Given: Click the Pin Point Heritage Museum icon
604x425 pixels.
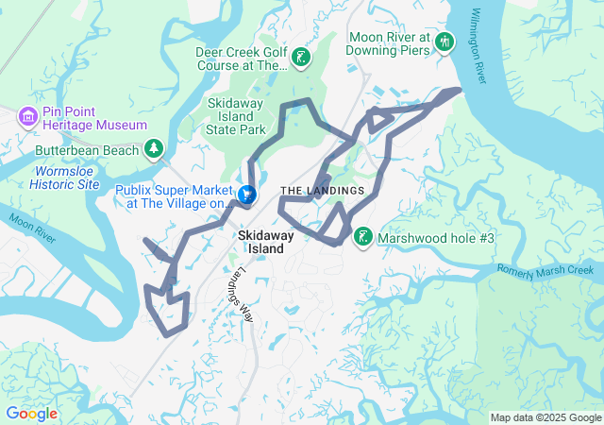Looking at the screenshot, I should click(27, 116).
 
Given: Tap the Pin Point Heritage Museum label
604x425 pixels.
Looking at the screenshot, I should click(92, 125).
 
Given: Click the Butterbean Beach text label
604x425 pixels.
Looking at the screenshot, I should click(86, 150).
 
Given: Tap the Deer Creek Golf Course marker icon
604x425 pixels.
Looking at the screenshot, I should click(301, 59).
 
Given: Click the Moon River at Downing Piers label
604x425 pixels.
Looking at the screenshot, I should click(389, 45).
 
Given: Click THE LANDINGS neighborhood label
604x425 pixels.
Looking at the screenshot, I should click(322, 191).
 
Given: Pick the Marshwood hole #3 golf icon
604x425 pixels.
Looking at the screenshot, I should click(362, 237).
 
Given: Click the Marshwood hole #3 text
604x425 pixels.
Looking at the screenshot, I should click(436, 239).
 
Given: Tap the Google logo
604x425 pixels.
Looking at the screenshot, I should click(31, 414).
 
